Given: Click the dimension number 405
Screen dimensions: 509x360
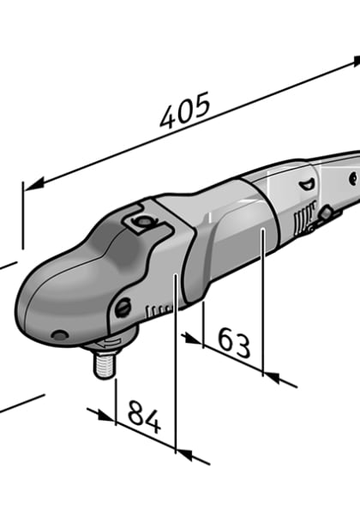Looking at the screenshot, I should click(184, 111).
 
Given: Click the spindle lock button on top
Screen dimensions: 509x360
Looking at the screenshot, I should click(139, 222).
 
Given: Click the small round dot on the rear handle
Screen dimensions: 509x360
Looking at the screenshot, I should click(351, 177).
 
